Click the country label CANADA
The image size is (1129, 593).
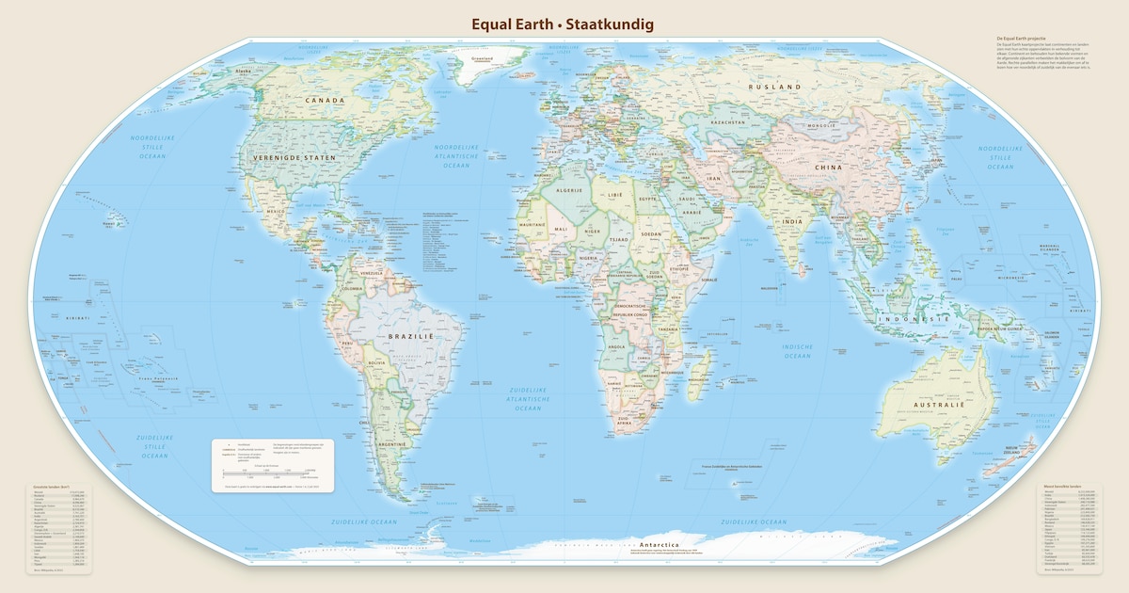point(318,100)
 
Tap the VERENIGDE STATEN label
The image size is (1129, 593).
point(294,157)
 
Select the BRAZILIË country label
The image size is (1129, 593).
point(411,335)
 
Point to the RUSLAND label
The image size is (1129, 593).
point(774,87)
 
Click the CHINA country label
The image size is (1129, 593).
point(829,168)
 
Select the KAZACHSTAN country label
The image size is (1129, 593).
point(728,122)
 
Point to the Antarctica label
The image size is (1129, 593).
point(665,545)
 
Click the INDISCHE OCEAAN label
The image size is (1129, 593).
point(798,351)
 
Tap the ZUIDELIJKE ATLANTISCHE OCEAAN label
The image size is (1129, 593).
point(527,398)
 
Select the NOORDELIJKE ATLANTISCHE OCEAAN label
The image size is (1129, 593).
point(457,156)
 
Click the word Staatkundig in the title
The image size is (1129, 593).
point(608,24)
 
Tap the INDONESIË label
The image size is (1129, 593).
point(912,320)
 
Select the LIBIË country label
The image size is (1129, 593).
point(615,194)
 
